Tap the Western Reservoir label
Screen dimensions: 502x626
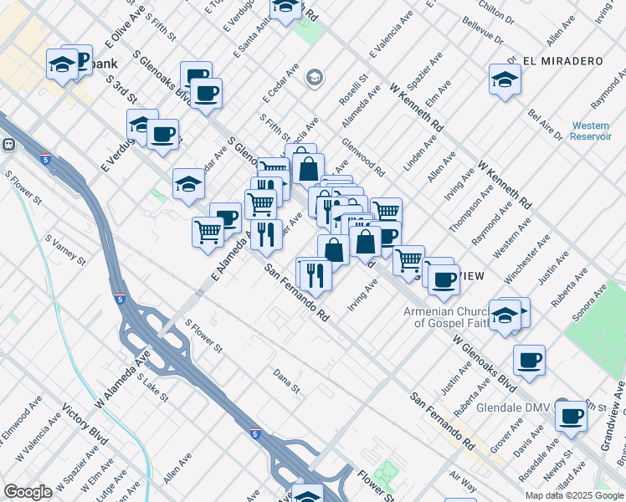[591, 131]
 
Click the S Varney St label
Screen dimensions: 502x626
[65, 249]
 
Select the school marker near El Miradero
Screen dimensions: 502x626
[505, 79]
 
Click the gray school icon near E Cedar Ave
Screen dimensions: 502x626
[314, 79]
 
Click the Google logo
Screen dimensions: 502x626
[28, 492]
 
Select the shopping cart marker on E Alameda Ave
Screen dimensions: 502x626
[208, 232]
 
